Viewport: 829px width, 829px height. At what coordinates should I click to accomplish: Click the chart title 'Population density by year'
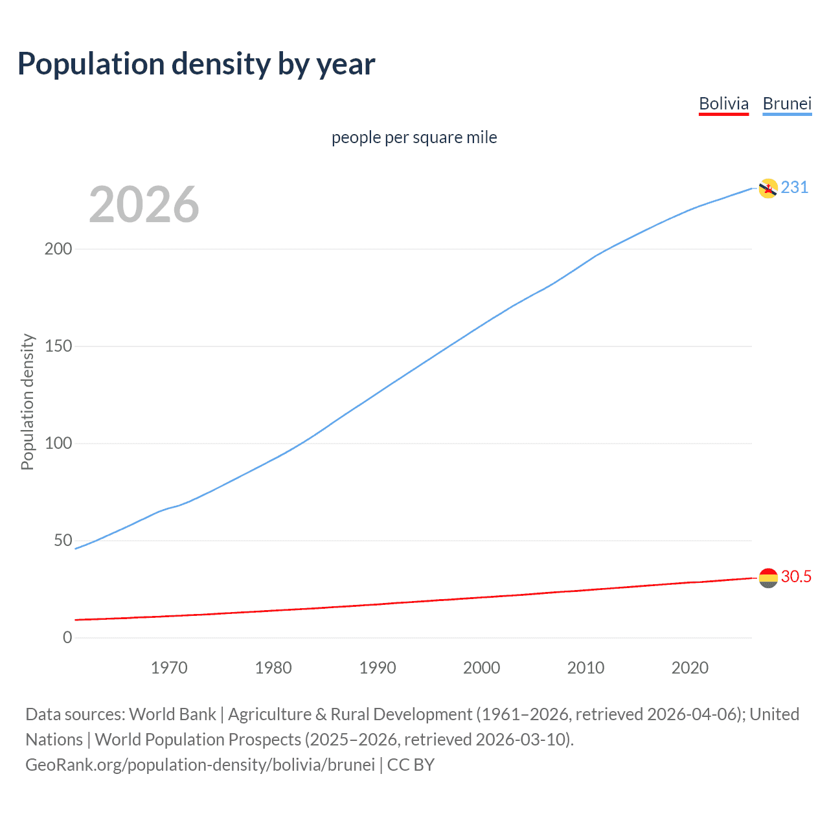(196, 64)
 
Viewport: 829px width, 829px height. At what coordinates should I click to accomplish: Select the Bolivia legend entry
(723, 104)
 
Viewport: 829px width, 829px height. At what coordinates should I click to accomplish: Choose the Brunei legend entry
(787, 104)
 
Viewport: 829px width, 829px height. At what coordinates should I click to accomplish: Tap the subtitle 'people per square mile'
(414, 138)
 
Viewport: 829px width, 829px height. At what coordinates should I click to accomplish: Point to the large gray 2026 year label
(144, 205)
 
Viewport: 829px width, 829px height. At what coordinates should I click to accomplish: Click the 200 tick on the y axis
(58, 249)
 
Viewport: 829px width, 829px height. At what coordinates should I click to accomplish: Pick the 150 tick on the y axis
(58, 346)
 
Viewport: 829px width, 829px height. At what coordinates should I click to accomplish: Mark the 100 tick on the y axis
(58, 444)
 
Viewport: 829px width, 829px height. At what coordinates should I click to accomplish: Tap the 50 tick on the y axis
(63, 541)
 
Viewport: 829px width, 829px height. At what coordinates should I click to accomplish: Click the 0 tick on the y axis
(67, 638)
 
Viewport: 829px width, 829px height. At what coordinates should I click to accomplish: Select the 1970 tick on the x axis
(169, 668)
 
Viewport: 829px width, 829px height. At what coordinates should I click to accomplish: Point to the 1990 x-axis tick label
(378, 668)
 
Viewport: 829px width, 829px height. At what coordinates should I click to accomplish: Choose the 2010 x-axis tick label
(585, 668)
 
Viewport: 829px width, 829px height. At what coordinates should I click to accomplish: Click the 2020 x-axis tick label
(690, 668)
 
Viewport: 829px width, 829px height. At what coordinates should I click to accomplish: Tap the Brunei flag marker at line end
(767, 188)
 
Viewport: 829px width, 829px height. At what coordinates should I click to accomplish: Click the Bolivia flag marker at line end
(767, 578)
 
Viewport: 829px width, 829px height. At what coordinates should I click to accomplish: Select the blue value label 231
(795, 188)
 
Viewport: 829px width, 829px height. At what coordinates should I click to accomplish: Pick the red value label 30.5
(796, 577)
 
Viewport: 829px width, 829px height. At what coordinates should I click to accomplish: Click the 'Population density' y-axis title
(27, 402)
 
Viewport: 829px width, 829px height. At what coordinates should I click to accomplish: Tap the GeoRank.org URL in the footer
(200, 765)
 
